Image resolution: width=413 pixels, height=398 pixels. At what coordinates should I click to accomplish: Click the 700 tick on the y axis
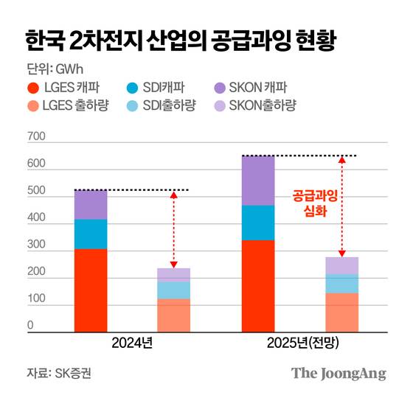click(35, 137)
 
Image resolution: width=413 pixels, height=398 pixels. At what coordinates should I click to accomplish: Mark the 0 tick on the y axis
click(30, 326)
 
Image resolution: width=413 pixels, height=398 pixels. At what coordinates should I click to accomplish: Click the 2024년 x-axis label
click(132, 344)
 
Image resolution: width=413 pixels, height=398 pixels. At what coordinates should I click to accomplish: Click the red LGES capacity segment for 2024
click(91, 290)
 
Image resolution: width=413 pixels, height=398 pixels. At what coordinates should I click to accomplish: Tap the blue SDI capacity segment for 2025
click(258, 223)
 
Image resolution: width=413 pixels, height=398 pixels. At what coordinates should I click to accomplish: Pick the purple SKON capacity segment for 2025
click(258, 181)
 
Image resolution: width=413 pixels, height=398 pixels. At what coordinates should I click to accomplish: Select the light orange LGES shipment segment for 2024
click(174, 315)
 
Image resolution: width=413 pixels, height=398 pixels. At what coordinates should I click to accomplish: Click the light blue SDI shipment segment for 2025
click(341, 284)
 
